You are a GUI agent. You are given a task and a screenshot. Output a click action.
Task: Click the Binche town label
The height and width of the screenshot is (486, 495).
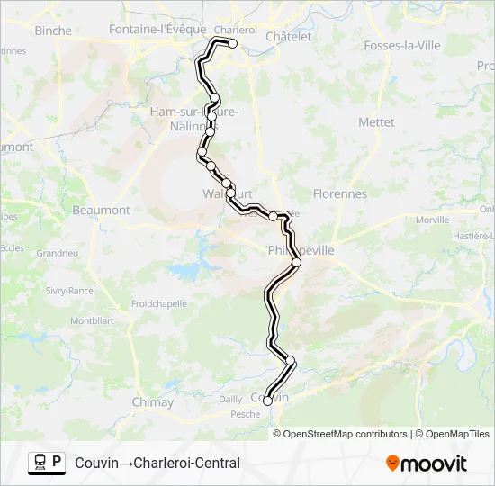(52, 30)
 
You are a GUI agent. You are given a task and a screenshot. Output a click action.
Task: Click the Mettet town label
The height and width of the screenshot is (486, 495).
(376, 121)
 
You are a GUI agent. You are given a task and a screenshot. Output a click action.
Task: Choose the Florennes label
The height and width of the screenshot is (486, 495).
(339, 193)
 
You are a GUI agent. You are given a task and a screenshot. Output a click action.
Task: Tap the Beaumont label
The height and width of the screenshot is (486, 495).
(101, 210)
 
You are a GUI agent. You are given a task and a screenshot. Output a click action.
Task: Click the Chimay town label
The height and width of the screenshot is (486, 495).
(152, 402)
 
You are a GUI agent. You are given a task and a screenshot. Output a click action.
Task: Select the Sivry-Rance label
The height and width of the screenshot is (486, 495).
(69, 291)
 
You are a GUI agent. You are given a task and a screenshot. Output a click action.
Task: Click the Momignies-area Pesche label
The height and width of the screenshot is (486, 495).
(245, 414)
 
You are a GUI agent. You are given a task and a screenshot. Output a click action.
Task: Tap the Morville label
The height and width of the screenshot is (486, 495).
(433, 220)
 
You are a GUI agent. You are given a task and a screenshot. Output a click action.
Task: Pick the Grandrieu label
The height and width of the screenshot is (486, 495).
(58, 254)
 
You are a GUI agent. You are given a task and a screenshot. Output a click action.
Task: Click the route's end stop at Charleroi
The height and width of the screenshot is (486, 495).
(232, 43)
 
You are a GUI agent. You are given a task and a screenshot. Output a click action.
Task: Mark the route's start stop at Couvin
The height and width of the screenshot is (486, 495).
(267, 401)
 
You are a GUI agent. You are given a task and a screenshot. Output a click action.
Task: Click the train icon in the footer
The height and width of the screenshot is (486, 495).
(40, 463)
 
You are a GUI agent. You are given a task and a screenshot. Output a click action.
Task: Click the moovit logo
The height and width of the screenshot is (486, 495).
(427, 463)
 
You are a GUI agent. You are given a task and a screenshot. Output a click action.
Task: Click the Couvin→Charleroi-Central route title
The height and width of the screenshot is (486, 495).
(157, 463)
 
